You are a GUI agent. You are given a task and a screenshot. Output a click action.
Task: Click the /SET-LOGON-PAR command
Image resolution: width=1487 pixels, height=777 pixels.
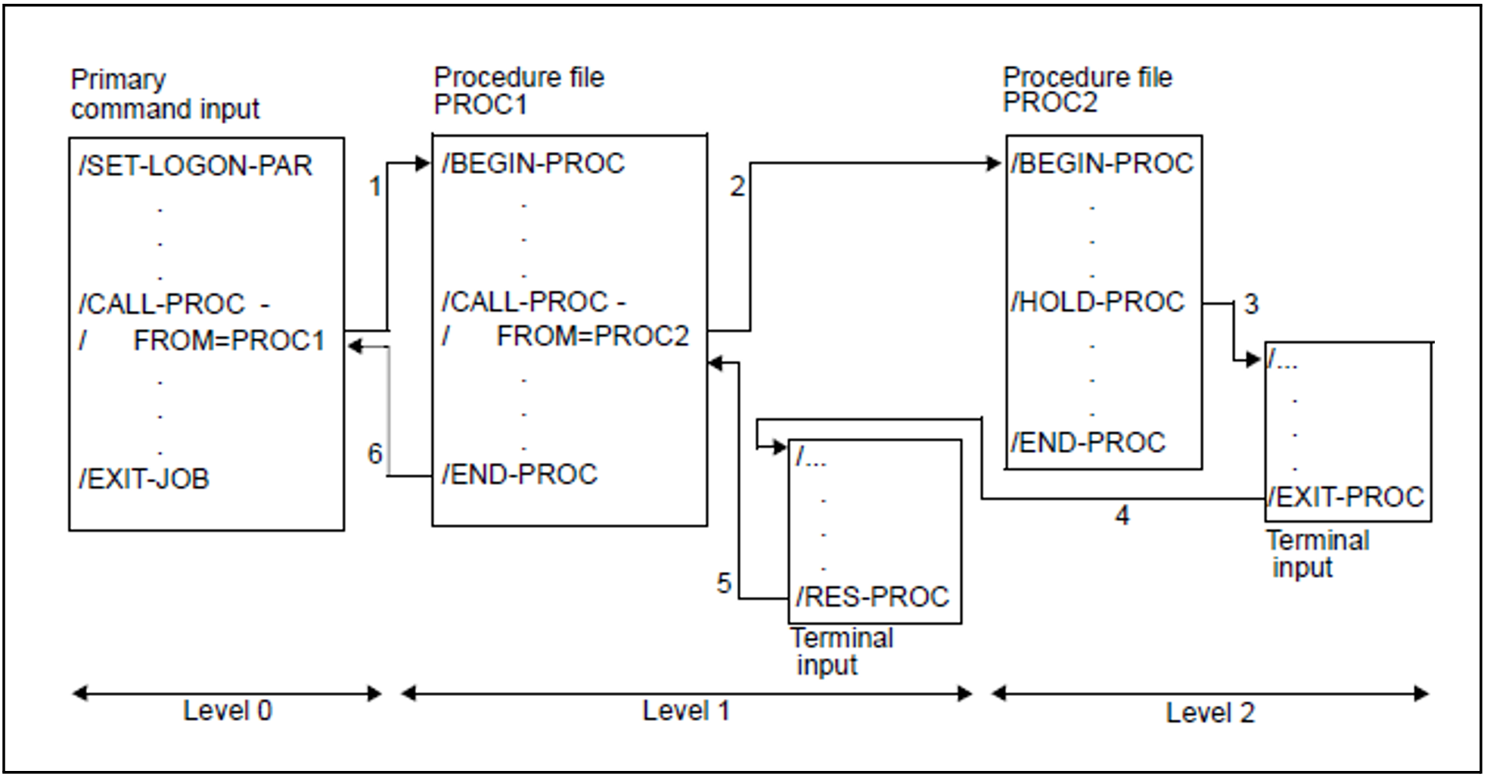[x=195, y=166]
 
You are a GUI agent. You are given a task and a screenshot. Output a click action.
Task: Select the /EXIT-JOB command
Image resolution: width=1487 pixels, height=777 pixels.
[x=144, y=479]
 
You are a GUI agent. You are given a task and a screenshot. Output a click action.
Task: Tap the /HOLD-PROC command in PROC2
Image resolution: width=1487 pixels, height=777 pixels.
[x=1097, y=303]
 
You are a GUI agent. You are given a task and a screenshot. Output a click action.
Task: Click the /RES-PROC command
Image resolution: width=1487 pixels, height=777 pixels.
[x=872, y=597]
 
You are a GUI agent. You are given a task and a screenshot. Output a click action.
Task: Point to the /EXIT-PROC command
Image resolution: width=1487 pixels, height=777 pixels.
[x=1346, y=497]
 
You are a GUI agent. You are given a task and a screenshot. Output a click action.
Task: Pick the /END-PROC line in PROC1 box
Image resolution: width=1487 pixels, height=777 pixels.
[x=520, y=474]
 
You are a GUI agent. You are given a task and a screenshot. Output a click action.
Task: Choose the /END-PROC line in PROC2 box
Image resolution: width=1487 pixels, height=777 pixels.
[x=1088, y=443]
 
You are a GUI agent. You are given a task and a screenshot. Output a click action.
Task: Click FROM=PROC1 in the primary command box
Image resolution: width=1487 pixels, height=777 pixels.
[x=228, y=340]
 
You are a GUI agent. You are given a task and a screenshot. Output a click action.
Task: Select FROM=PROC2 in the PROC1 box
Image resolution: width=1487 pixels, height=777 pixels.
[x=592, y=336]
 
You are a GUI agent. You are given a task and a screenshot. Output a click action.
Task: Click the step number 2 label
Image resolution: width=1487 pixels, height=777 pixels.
[x=737, y=187]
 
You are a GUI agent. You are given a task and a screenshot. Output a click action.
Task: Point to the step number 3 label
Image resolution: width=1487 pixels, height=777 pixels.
[x=1251, y=304]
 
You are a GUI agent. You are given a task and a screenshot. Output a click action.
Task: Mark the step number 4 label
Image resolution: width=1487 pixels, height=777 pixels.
[x=1122, y=516]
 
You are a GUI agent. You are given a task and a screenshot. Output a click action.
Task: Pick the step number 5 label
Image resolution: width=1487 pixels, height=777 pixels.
[x=724, y=583]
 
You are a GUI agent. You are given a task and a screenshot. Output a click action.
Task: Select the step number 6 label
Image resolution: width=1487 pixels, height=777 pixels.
[x=375, y=454]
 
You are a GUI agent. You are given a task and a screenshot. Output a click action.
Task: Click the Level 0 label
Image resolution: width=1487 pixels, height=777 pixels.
[x=227, y=711]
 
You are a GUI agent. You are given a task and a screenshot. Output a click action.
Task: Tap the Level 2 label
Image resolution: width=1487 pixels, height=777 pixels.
[x=1209, y=713]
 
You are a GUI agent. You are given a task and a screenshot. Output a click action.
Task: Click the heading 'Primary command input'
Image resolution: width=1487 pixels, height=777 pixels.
[x=164, y=95]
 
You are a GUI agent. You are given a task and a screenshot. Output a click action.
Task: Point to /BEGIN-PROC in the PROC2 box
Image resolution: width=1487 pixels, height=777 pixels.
[x=1102, y=163]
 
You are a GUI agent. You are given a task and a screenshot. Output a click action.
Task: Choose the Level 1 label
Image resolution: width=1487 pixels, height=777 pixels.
[x=685, y=711]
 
